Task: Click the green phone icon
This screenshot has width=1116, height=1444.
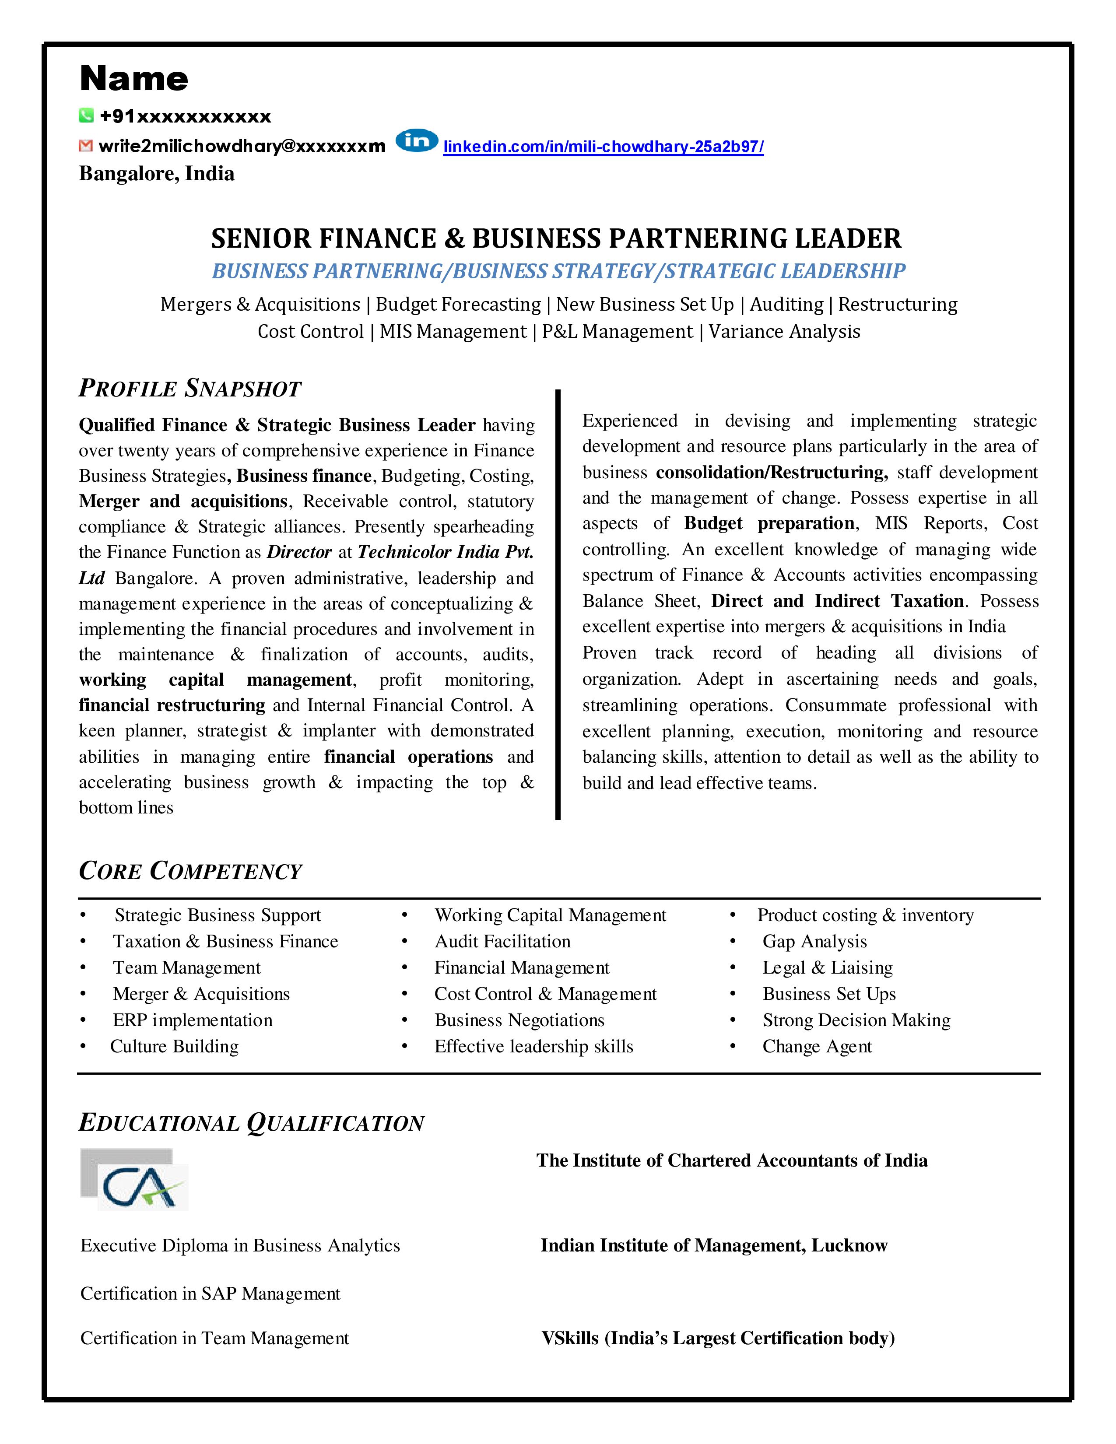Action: [86, 116]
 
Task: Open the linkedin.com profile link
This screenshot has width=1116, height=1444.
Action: [603, 147]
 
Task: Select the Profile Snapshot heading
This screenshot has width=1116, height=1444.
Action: [190, 389]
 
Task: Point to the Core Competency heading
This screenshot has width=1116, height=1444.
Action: [190, 871]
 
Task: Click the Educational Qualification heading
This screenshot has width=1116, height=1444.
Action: [251, 1123]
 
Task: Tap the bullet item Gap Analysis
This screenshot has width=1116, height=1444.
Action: [814, 942]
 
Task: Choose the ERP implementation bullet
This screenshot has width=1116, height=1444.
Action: [193, 1020]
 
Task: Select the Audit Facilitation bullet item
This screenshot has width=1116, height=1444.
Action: [502, 942]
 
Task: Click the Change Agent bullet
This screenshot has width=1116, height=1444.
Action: [817, 1047]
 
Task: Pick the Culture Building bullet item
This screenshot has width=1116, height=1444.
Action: [175, 1047]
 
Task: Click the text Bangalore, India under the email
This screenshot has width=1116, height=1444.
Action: [157, 174]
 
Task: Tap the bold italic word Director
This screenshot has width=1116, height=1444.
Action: [299, 552]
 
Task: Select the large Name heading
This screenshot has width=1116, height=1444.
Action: [134, 79]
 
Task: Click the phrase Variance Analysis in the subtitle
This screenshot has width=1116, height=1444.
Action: [784, 331]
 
